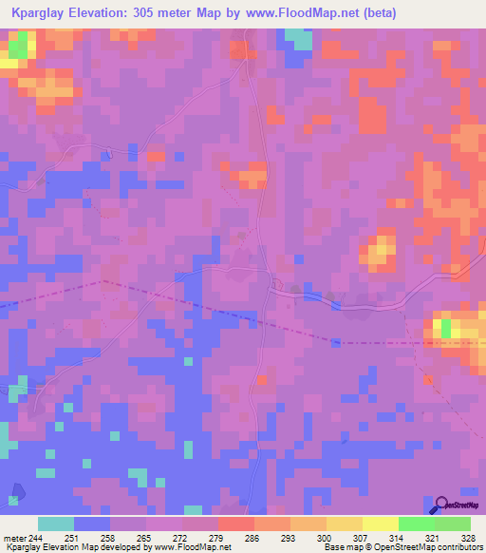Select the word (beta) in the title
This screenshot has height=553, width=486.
coord(379,12)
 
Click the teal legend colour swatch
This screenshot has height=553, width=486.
coord(56,524)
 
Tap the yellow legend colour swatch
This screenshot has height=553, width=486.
coord(380,524)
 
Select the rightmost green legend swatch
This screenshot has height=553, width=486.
coord(453,524)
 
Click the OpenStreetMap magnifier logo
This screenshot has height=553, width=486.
coord(440,505)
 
